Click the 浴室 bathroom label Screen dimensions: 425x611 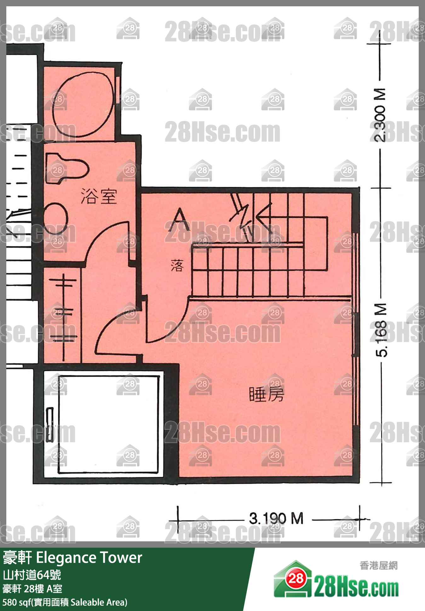tap(99, 196)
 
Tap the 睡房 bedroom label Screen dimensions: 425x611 tap(267, 394)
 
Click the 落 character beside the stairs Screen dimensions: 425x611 tap(177, 265)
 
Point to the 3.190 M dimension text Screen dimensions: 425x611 tap(276, 518)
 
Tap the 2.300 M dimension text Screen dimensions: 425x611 tap(380, 115)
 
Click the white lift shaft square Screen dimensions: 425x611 tap(108, 421)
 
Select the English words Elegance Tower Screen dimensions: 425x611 tap(89, 557)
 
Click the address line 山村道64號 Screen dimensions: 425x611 tap(32, 575)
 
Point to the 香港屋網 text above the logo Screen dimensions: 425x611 tap(378, 566)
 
